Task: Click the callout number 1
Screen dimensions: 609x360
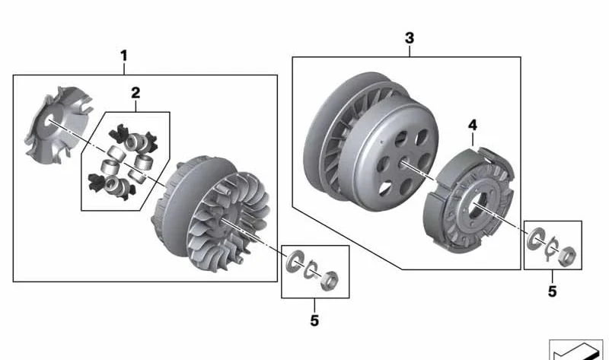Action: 124,56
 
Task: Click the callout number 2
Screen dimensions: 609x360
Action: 136,93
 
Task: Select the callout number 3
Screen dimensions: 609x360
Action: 410,38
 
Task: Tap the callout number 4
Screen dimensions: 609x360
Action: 472,125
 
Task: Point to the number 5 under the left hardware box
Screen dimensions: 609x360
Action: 314,320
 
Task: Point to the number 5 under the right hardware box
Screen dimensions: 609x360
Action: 553,292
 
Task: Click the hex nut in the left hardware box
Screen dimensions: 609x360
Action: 330,280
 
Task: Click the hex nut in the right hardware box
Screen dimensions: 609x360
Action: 567,256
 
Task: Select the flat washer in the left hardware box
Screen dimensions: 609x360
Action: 294,262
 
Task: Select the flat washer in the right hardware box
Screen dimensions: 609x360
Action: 535,238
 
